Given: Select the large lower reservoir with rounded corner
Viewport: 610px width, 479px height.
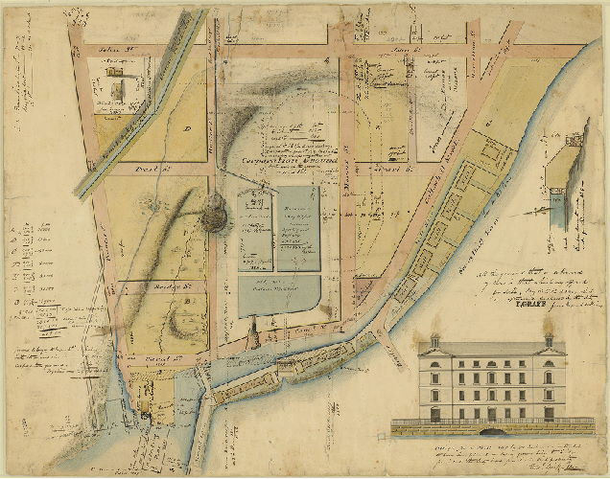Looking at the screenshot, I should pyautogui.click(x=279, y=302).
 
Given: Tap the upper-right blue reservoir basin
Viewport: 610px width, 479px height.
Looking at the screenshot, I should pyautogui.click(x=298, y=228).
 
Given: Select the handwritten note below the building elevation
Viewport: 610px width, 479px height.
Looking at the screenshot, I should pyautogui.click(x=499, y=450).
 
